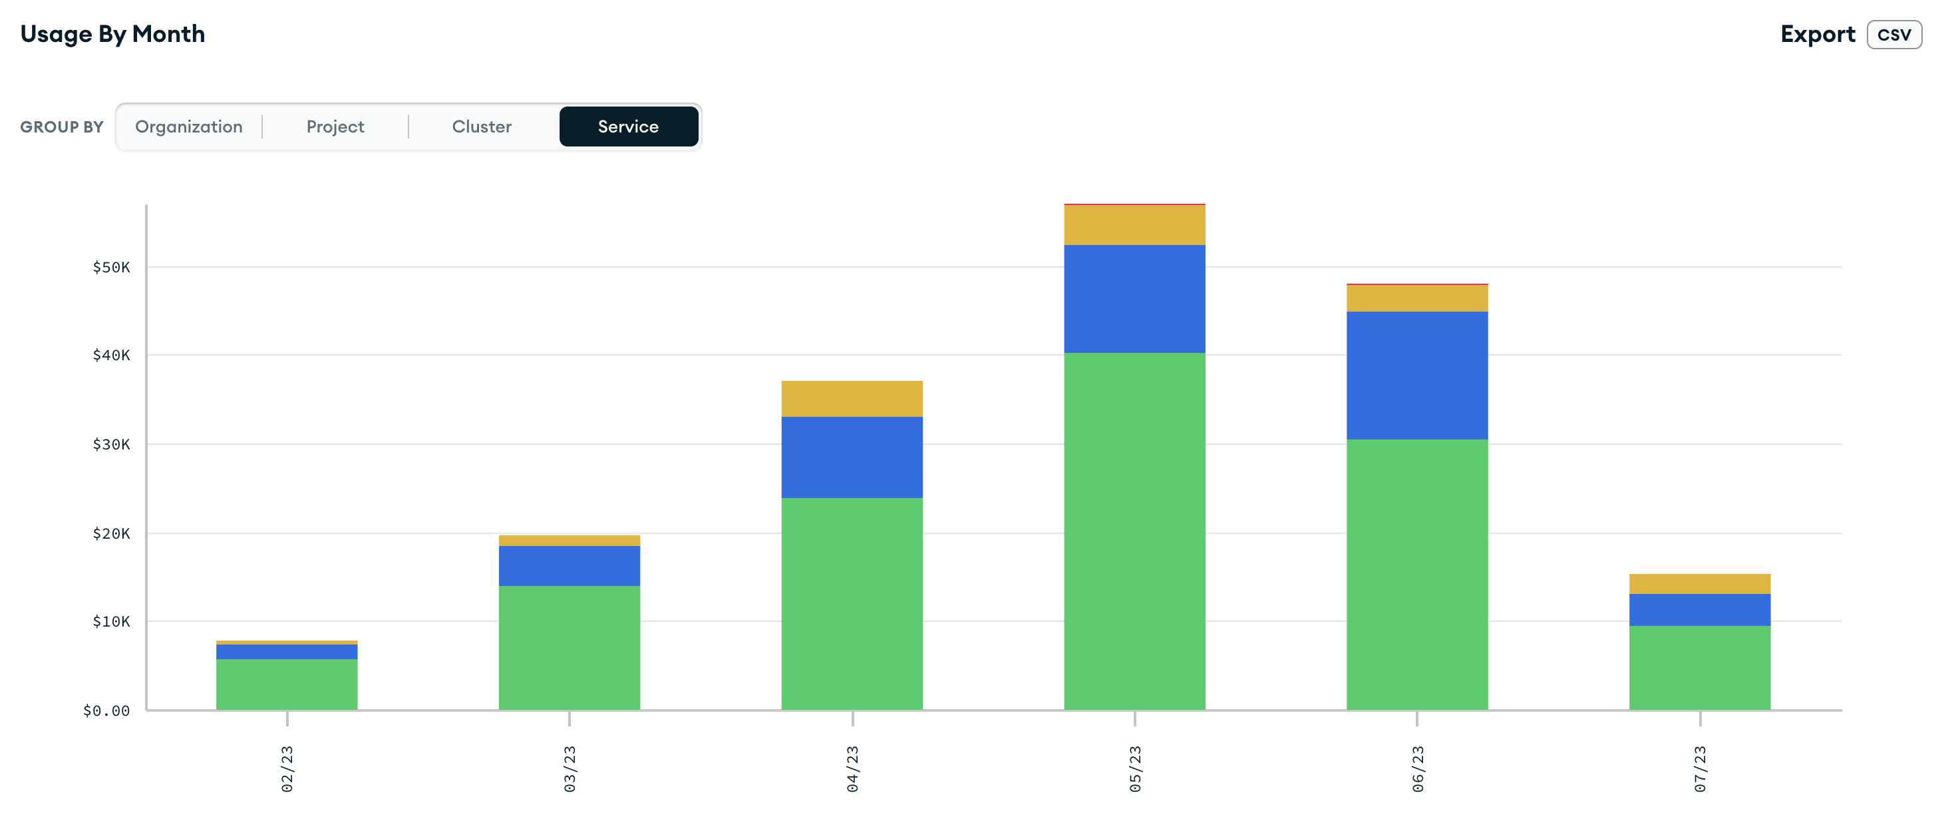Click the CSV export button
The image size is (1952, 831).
1893,35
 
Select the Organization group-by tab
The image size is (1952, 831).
189,127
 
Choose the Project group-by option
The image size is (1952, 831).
335,127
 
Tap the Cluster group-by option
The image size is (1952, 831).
481,127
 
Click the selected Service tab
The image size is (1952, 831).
628,127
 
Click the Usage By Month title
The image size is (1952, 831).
112,34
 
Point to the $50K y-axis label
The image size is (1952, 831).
110,267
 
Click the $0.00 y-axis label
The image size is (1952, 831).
106,710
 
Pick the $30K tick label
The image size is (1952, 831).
110,444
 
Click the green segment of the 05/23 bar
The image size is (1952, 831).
1134,531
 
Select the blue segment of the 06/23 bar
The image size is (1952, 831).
1417,376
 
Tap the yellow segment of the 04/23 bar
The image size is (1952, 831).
852,399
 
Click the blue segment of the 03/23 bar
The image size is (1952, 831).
569,565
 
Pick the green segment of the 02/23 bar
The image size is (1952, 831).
287,684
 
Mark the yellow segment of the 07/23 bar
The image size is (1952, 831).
1700,584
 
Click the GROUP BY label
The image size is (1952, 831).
61,127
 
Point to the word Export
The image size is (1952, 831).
1817,34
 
